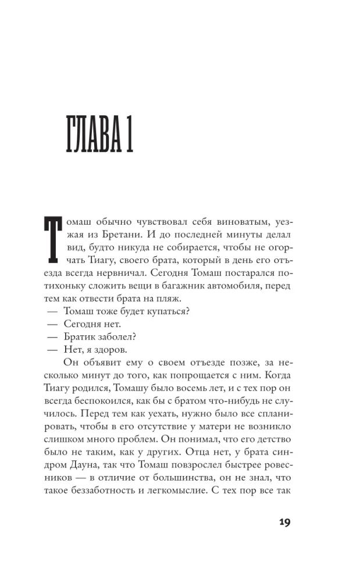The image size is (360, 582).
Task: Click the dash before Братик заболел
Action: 52,337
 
